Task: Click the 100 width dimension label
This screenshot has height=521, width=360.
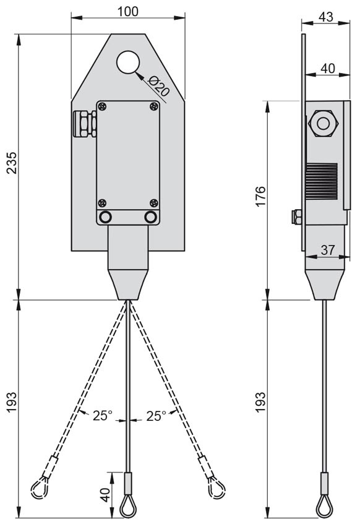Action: (128, 11)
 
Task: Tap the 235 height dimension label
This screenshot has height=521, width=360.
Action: (12, 163)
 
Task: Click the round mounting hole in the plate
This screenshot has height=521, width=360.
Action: (128, 62)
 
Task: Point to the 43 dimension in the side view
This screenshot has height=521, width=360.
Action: (325, 17)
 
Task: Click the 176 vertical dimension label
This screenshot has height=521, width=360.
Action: (260, 196)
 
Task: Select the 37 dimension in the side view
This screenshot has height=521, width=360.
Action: (327, 250)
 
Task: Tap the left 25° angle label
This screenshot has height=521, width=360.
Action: (103, 415)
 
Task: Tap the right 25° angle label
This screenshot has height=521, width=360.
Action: (156, 416)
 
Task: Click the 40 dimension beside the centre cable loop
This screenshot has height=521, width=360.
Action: (105, 495)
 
